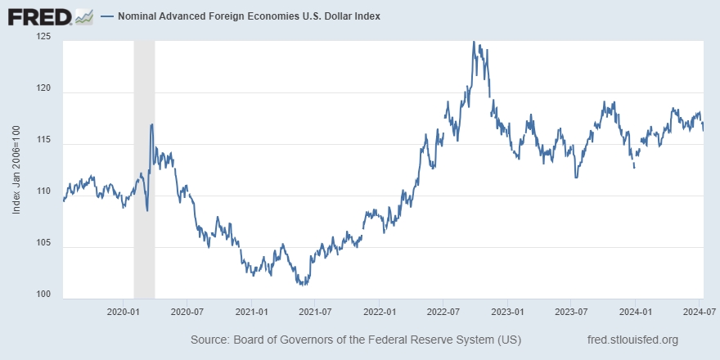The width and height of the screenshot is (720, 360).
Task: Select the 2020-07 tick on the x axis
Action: pyautogui.click(x=187, y=313)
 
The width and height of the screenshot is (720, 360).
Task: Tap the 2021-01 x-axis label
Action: pyautogui.click(x=252, y=313)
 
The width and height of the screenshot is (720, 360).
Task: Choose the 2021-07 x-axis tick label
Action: pyautogui.click(x=315, y=313)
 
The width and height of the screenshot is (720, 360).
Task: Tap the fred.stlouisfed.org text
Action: pyautogui.click(x=632, y=340)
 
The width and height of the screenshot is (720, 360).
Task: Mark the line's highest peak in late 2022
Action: pyautogui.click(x=475, y=42)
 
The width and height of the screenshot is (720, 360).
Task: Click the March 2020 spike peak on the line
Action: pyautogui.click(x=152, y=124)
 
